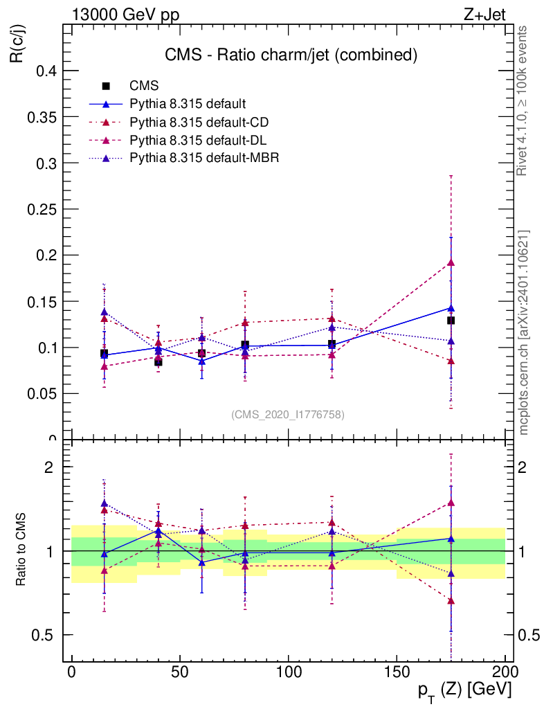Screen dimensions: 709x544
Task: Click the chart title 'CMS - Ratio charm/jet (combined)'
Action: click(x=291, y=55)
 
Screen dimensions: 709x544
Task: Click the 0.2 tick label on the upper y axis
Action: click(x=46, y=255)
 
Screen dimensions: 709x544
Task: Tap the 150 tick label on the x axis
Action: click(x=396, y=672)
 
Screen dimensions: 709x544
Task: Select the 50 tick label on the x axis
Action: click(x=179, y=672)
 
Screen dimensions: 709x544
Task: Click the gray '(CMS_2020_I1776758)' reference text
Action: click(x=287, y=414)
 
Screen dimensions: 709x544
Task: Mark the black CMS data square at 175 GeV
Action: click(x=451, y=321)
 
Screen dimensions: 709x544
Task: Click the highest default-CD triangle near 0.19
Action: click(x=451, y=262)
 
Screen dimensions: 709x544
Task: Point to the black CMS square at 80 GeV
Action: click(x=245, y=345)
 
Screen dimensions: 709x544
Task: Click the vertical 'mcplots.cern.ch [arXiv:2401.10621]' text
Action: click(x=524, y=333)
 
